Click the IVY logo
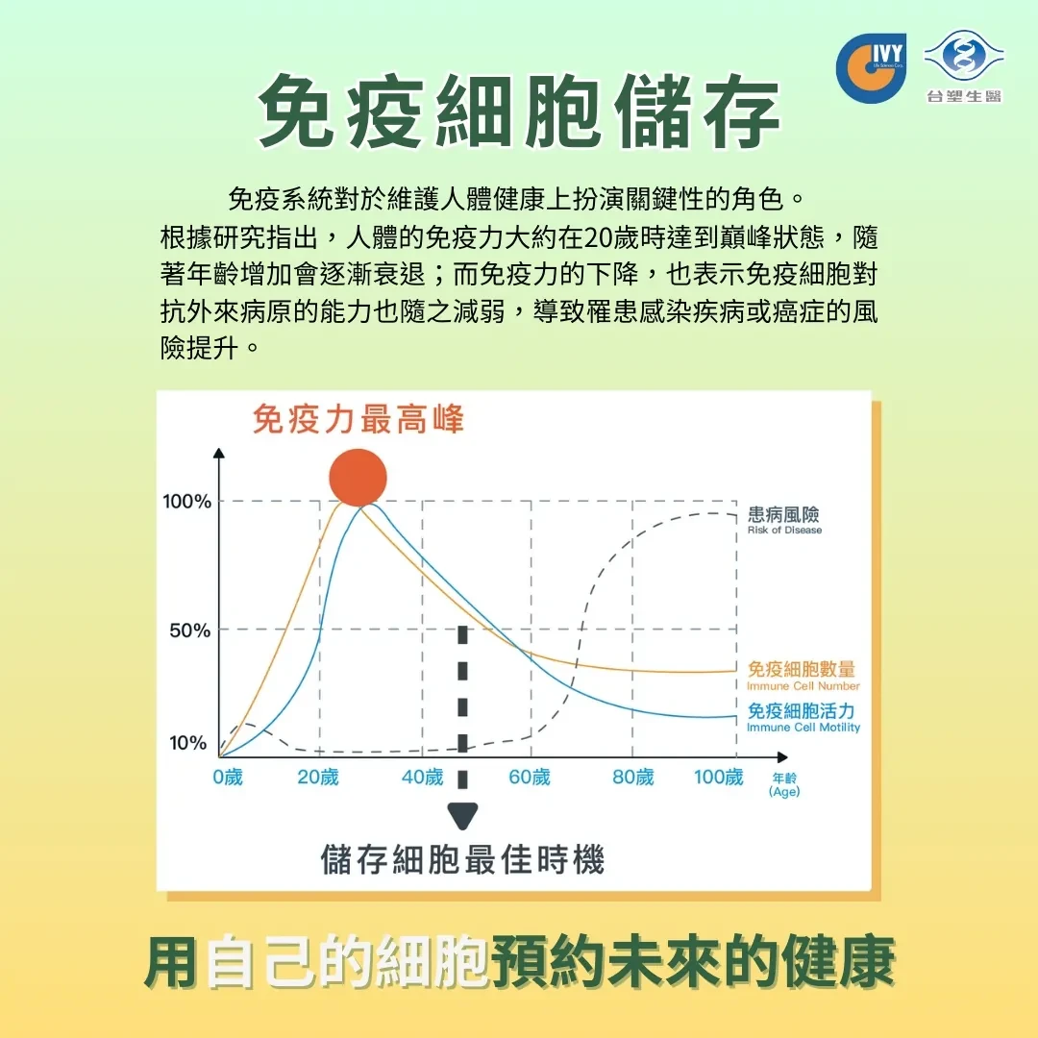(871, 68)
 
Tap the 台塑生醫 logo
(964, 66)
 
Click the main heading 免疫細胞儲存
(520, 111)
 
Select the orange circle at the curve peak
(358, 478)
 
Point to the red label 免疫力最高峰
(358, 419)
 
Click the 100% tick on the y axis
(187, 501)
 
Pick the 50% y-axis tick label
(190, 630)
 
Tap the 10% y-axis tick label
(188, 743)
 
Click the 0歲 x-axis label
(228, 777)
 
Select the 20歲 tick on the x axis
(318, 777)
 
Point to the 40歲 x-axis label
(422, 777)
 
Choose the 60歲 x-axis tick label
(530, 777)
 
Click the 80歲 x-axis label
(632, 777)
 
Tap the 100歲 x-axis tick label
(719, 777)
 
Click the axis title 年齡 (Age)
(784, 784)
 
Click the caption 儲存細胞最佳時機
(462, 860)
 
